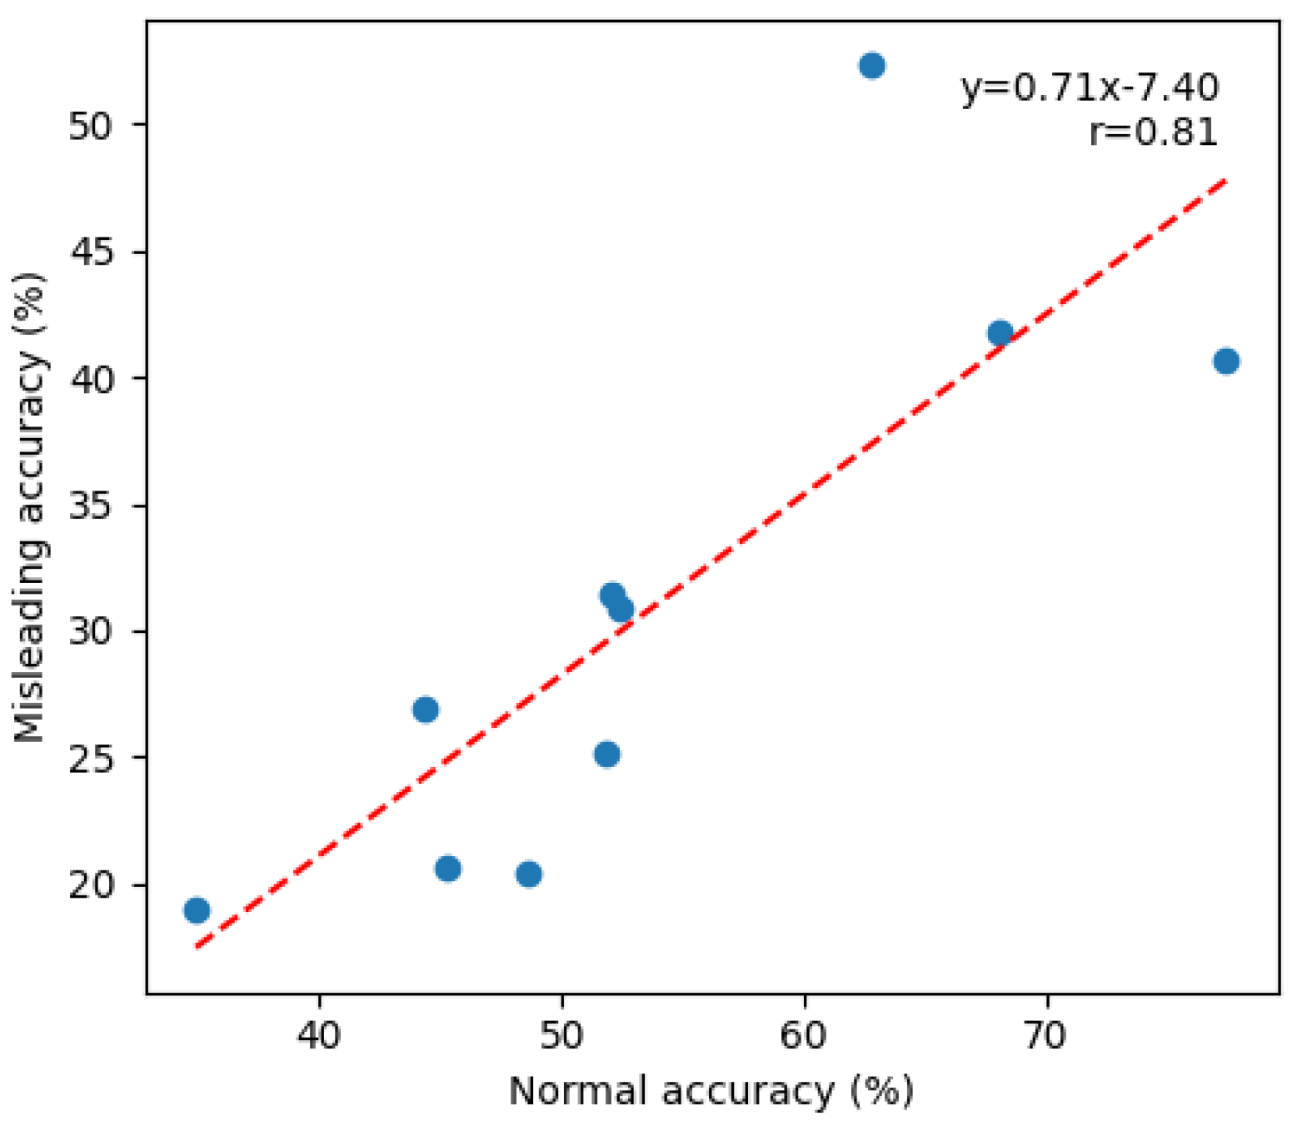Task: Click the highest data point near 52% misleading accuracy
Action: coord(871,66)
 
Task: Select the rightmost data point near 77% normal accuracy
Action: coord(1225,361)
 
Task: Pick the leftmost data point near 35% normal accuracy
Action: coord(197,910)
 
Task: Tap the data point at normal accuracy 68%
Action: coord(1000,334)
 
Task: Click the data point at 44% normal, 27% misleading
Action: coord(426,710)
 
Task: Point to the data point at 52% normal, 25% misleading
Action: coord(607,755)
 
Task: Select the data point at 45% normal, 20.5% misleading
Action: coord(448,869)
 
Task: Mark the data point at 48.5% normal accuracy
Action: coord(529,874)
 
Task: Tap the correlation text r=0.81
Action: coord(1154,132)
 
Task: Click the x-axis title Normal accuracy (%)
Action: coord(711,1091)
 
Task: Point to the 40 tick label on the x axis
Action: coord(320,1035)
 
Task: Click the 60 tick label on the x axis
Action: coord(804,1035)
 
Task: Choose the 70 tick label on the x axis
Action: coord(1045,1035)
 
